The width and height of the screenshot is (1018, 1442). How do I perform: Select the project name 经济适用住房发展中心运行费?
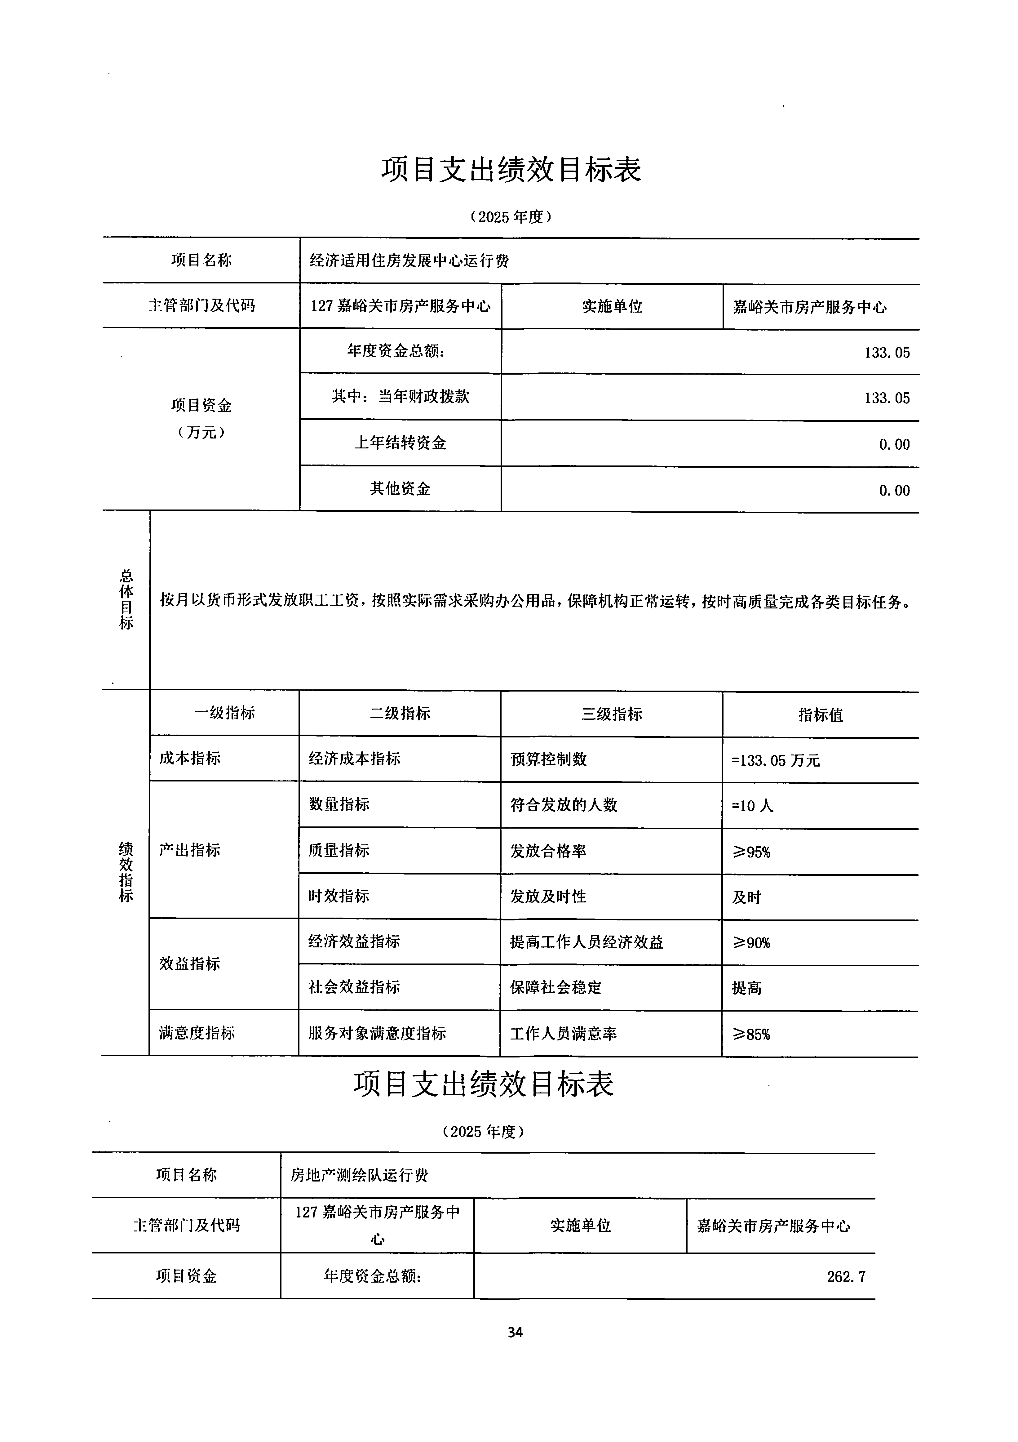click(409, 260)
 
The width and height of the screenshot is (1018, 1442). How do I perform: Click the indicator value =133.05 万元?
click(776, 761)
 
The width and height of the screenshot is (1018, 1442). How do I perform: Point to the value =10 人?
click(753, 806)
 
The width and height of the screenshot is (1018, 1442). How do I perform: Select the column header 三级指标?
click(611, 714)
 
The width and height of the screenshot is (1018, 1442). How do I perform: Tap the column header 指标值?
click(820, 715)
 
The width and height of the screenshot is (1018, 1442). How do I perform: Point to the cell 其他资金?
click(401, 489)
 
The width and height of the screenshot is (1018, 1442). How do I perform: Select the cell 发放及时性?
click(548, 897)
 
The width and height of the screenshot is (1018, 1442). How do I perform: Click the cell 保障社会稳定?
click(555, 988)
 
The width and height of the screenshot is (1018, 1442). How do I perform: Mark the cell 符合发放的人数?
click(564, 805)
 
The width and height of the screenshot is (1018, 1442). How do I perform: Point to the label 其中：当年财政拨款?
click(401, 397)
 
